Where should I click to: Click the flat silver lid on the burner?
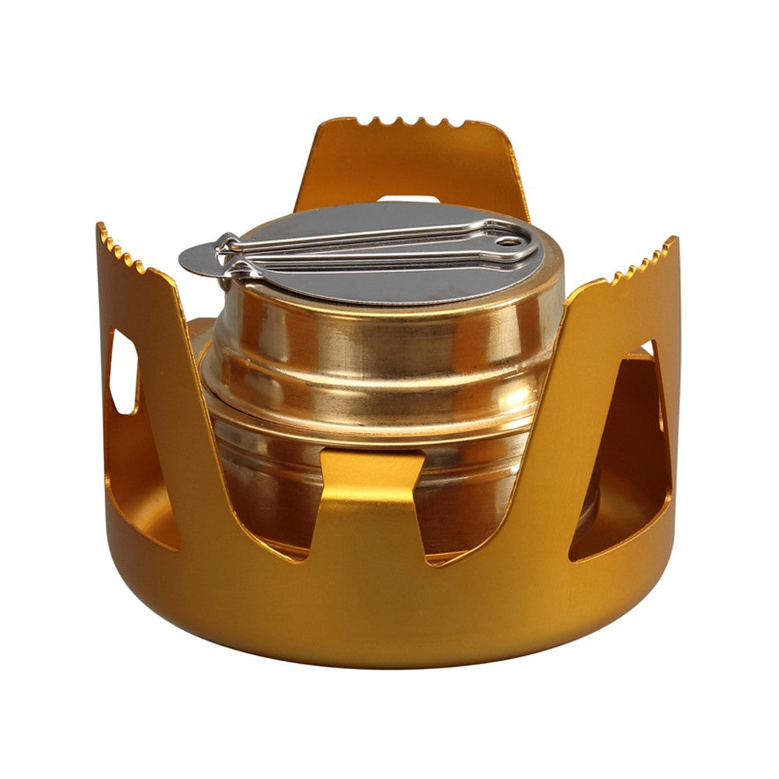click(374, 277)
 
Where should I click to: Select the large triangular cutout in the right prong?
click(623, 467)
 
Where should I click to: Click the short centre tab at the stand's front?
click(372, 499)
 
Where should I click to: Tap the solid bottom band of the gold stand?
click(389, 615)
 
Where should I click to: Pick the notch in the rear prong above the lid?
click(405, 199)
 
